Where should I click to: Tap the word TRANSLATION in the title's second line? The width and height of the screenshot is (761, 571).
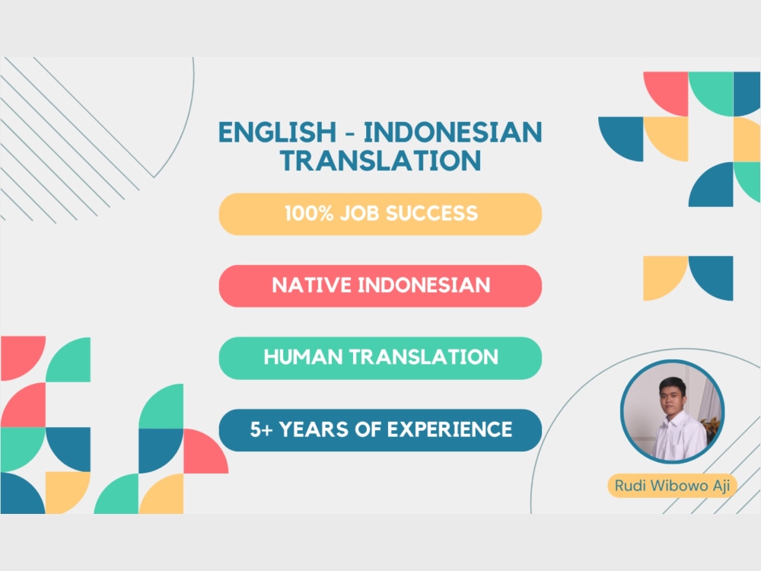(380, 161)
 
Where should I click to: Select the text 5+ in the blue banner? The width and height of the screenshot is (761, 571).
(261, 429)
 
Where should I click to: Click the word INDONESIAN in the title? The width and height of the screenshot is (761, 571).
(454, 132)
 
